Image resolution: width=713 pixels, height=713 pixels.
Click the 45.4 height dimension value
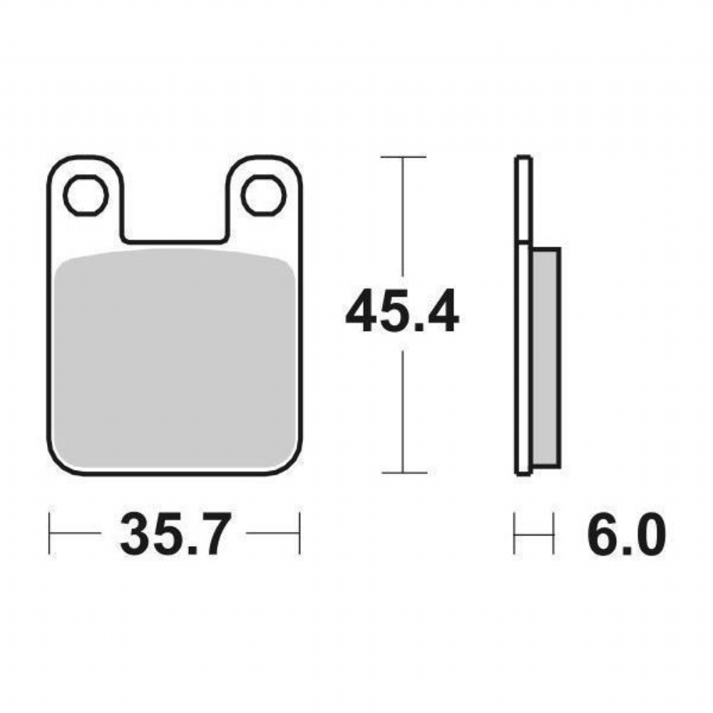coord(402,311)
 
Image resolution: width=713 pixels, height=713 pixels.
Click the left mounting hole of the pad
coord(86,195)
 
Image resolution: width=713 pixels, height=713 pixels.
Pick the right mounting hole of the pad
coord(264,195)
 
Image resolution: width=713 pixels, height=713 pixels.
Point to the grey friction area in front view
coord(174,359)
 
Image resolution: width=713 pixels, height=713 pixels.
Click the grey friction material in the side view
coord(545,357)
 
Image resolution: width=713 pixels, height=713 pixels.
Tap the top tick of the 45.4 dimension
coord(403,157)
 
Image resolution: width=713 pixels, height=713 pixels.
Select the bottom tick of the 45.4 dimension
coord(404,473)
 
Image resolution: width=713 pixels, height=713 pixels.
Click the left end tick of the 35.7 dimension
coord(49,533)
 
